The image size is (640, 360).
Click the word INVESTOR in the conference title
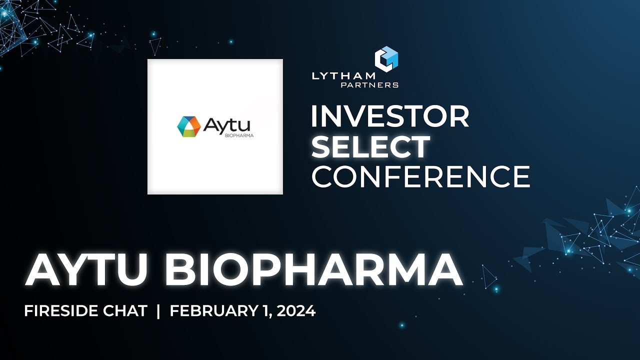click(390, 117)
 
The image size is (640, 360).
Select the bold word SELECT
click(374, 147)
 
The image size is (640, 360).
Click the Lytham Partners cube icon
click(386, 58)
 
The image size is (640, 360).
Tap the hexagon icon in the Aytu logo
click(188, 126)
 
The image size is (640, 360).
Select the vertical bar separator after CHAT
click(158, 311)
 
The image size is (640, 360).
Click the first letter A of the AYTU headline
click(41, 270)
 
